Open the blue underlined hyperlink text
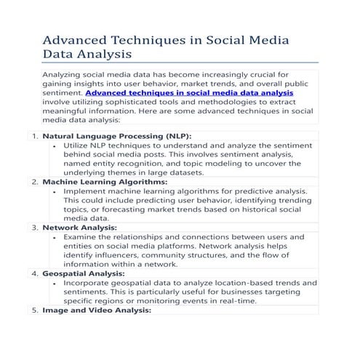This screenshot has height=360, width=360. [189, 94]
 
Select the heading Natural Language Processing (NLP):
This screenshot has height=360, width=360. [117, 136]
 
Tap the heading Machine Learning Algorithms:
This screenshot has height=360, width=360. [105, 182]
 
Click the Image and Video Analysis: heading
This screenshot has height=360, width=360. [97, 310]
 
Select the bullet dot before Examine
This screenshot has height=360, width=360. [56, 237]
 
